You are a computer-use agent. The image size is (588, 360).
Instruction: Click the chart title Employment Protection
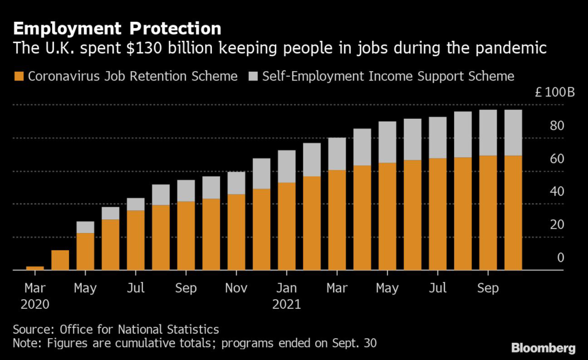coord(117,29)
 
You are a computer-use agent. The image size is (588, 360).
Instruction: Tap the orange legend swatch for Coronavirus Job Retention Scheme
coord(19,76)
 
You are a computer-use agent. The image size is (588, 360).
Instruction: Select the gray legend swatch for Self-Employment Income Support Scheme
coord(253,76)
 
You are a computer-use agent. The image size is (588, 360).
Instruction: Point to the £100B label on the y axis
coord(555,92)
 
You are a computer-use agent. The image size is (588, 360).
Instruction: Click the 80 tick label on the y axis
coord(557,126)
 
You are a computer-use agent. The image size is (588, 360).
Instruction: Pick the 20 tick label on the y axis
coord(557,224)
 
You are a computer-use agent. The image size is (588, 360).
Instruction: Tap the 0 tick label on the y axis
coord(560,258)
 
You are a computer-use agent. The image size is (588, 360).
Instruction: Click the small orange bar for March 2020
coord(35,268)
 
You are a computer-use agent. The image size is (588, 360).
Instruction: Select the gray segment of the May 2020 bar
coord(85,227)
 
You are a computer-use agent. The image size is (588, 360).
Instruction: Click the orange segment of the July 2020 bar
coord(136,240)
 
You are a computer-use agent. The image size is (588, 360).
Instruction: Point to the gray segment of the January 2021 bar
coord(287,167)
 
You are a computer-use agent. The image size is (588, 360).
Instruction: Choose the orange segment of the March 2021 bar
coord(336,220)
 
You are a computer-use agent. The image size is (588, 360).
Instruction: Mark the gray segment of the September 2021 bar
coord(488,133)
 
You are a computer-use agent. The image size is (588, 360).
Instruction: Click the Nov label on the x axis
coord(236,288)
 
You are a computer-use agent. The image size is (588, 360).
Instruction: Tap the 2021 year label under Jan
coord(287,304)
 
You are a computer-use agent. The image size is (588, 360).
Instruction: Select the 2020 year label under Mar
coord(35,304)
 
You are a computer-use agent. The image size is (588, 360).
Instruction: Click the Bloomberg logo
coord(543,348)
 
